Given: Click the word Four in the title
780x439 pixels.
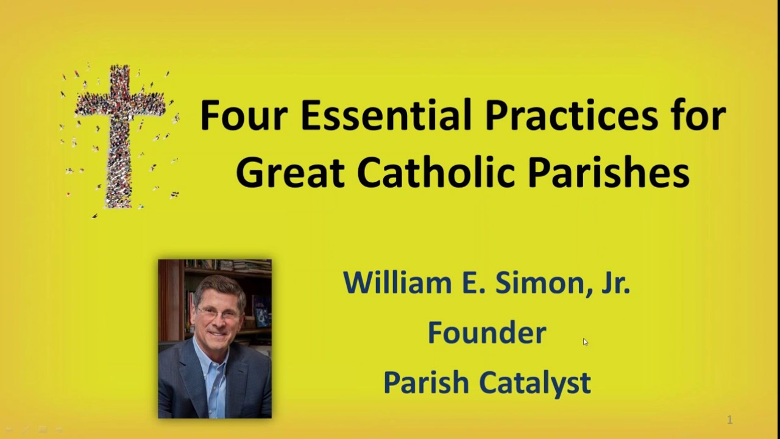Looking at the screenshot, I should (244, 115).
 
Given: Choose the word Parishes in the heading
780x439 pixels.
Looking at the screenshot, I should (608, 173).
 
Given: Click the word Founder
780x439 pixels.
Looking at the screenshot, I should (486, 333).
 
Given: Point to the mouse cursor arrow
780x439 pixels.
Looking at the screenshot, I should (585, 342).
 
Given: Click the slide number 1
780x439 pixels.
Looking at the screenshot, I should (729, 419).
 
